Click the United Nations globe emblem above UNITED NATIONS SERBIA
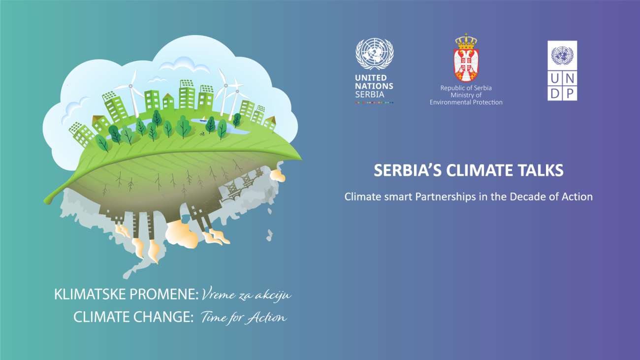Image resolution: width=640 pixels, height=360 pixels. pyautogui.click(x=374, y=54)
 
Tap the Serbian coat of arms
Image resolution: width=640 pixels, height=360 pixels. pyautogui.click(x=466, y=58)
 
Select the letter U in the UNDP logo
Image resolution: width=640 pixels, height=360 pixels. pyautogui.click(x=555, y=78)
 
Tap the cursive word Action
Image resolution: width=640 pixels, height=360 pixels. pyautogui.click(x=267, y=317)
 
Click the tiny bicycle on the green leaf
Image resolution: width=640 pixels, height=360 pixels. pyautogui.click(x=202, y=133)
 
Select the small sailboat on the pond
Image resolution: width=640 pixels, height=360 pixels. pyautogui.click(x=203, y=119)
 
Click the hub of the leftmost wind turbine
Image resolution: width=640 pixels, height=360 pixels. pyautogui.click(x=130, y=86)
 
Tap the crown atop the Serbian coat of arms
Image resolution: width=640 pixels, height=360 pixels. pyautogui.click(x=466, y=41)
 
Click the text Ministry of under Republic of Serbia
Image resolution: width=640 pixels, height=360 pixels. pyautogui.click(x=466, y=95)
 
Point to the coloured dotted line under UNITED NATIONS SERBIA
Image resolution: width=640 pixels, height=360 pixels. pyautogui.click(x=374, y=102)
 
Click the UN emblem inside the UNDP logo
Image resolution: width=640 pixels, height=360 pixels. pyautogui.click(x=562, y=56)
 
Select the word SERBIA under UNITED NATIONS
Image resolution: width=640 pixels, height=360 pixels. pyautogui.click(x=370, y=95)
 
